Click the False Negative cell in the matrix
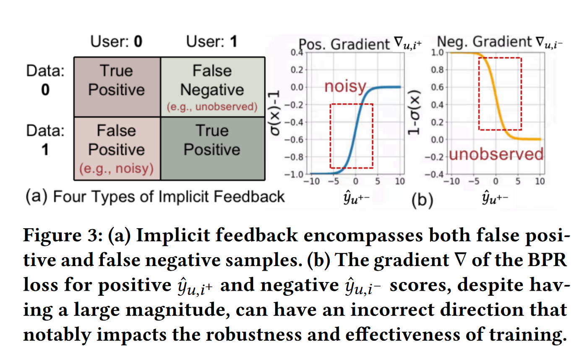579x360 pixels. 212,86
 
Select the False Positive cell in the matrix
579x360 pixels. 117,148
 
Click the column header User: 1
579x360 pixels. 211,42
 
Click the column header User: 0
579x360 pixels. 117,42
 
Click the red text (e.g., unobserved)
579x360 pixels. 212,107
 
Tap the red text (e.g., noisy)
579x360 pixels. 117,168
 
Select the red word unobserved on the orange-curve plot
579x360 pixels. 496,154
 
